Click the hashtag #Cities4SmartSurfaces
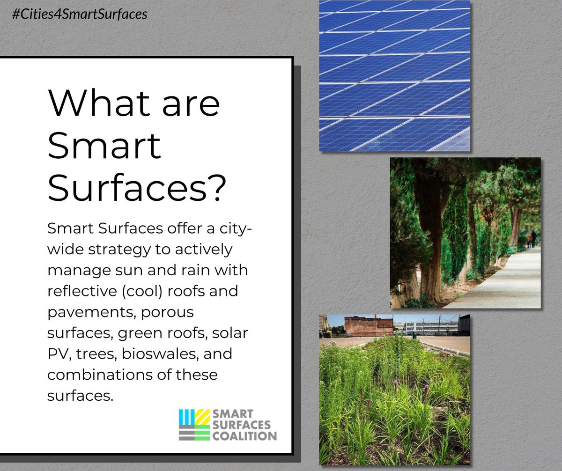click(78, 14)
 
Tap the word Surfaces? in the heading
click(137, 188)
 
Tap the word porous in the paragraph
click(167, 312)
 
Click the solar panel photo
click(394, 75)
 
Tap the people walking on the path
click(531, 239)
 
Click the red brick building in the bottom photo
click(369, 326)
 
